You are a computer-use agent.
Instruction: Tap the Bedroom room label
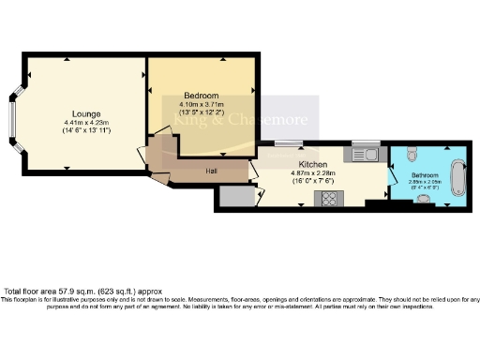(x=201, y=97)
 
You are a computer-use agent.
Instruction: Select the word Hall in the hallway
(x=212, y=171)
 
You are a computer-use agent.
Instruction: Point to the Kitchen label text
(x=311, y=163)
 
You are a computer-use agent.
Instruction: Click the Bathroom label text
(x=425, y=174)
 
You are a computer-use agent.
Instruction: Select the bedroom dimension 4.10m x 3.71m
(x=201, y=105)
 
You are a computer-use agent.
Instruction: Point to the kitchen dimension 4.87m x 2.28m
(x=311, y=172)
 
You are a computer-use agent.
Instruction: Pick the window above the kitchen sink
(x=363, y=142)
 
